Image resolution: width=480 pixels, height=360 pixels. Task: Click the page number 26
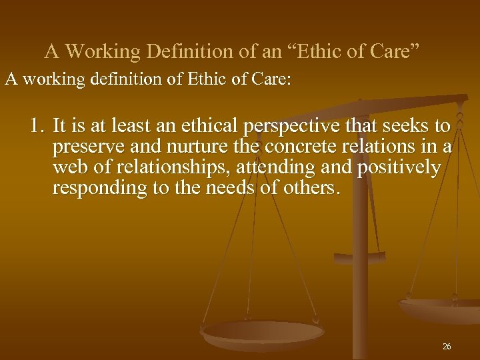pos(446,347)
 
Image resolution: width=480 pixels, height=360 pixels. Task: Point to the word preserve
pos(81,147)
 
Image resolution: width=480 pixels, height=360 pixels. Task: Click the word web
pos(67,168)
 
